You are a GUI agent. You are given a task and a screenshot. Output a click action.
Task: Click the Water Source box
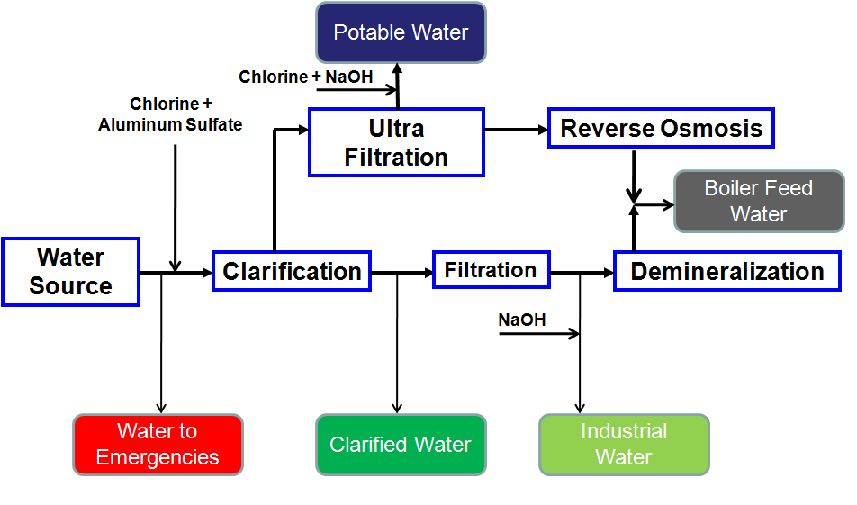coord(70,272)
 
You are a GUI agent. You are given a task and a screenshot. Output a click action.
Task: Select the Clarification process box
coord(292,271)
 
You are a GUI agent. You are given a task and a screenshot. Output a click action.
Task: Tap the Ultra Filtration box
coord(396,142)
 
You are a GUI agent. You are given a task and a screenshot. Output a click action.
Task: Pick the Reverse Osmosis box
coord(661,129)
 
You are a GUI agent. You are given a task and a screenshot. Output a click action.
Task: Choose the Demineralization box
coord(727,271)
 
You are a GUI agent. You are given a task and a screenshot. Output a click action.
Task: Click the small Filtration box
coord(491,269)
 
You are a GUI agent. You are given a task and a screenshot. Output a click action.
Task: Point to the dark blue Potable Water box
coord(401,32)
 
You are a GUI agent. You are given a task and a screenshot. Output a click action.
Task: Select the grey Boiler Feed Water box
coord(759,201)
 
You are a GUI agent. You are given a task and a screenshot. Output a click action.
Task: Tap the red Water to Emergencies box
coord(158,445)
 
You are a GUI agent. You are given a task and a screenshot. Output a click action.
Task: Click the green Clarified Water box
coord(401,445)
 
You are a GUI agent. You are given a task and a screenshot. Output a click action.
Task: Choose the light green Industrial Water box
coord(624,445)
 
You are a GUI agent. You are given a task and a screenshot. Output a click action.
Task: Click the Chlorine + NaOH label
coord(305,77)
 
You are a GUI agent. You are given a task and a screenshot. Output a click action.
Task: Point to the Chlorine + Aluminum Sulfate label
coord(170,114)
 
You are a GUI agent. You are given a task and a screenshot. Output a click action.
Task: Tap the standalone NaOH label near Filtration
coord(522,320)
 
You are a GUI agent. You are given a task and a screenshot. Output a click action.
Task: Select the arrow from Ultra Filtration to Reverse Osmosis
coord(516,130)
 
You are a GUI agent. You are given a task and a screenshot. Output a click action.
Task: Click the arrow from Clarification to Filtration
coord(401,272)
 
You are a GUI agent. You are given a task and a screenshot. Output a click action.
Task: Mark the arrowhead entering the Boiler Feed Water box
coord(669,205)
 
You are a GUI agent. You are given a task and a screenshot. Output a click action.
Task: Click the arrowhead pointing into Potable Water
coord(397,68)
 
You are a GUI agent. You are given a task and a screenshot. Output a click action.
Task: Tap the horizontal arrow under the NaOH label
coord(539,333)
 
